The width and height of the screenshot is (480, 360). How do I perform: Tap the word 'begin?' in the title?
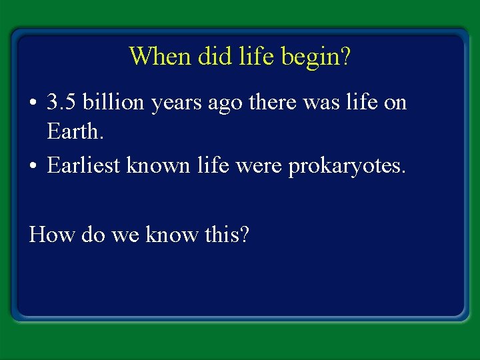tap(316, 57)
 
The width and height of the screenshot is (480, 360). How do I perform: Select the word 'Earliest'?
tap(86, 165)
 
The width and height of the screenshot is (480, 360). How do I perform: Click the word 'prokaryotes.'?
tap(346, 166)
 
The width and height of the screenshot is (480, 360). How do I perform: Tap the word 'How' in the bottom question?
tap(49, 234)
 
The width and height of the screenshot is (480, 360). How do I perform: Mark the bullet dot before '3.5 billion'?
tap(33, 104)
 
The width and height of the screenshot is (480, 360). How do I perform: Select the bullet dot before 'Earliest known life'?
tap(33, 166)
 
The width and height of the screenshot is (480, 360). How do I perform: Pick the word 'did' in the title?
tap(212, 56)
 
